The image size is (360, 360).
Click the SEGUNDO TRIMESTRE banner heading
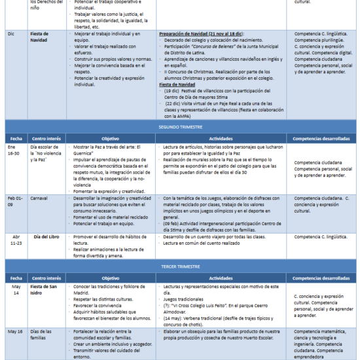(x=180, y=126)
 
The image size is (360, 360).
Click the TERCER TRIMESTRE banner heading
(x=180, y=268)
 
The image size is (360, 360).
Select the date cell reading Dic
(x=10, y=33)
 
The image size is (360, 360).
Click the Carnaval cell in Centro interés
(x=41, y=198)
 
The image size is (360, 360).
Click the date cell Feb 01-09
(x=14, y=201)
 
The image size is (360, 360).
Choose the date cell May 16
(x=15, y=332)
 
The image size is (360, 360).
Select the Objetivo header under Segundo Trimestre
(x=111, y=139)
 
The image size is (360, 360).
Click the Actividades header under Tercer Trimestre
(x=221, y=278)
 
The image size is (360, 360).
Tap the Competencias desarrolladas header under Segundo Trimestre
(x=321, y=139)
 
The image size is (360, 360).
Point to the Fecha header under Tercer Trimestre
(x=15, y=278)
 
